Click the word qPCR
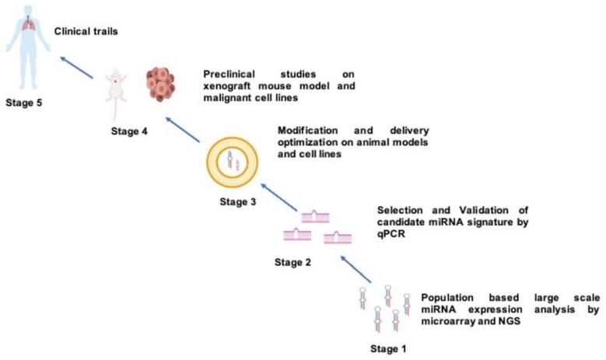tap(392, 236)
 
